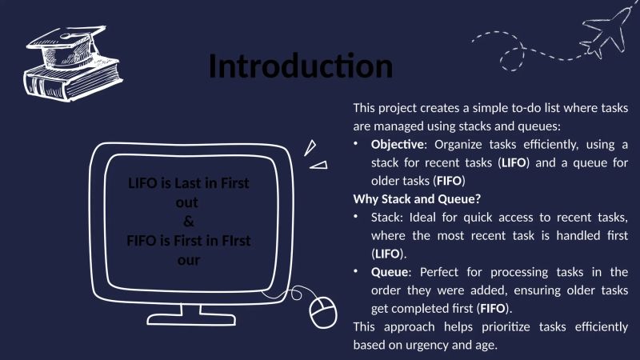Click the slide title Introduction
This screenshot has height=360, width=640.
point(301,66)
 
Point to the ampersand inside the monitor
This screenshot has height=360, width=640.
point(189,221)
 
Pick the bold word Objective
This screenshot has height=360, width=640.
point(397,145)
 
